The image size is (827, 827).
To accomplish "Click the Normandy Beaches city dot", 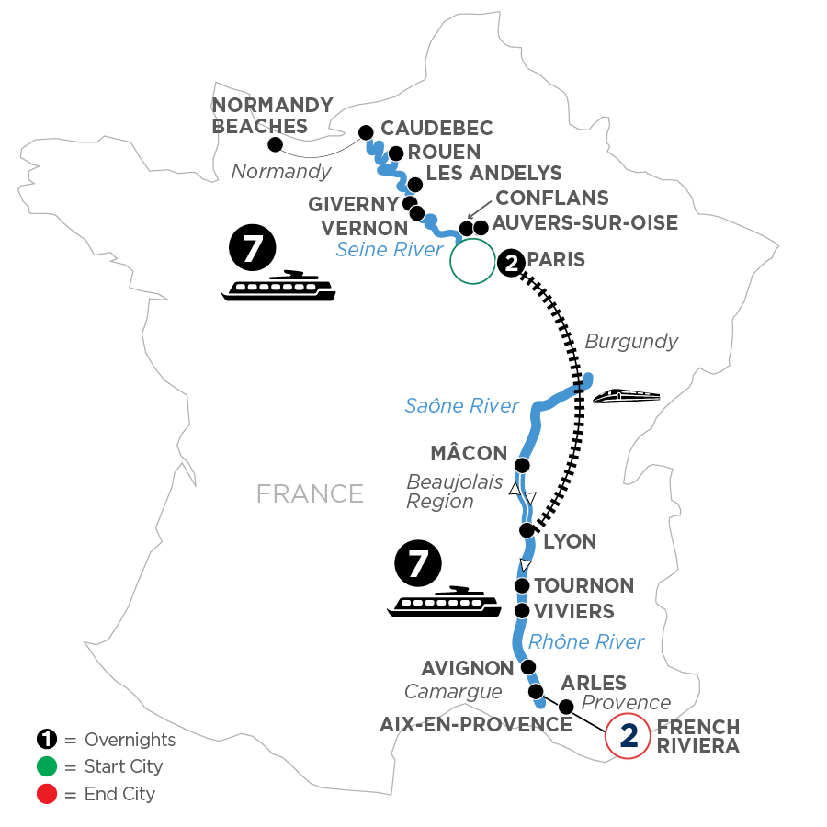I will click(x=274, y=144).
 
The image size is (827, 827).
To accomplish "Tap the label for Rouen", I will click(x=445, y=152).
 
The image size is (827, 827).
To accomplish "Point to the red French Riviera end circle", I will click(x=629, y=736).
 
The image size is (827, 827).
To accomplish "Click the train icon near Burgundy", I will click(x=627, y=396).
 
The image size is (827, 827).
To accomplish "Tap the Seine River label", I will click(x=390, y=249).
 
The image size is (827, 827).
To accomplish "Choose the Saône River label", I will click(x=462, y=405).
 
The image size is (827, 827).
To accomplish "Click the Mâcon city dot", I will click(x=523, y=465).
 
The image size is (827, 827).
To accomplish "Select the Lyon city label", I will click(x=570, y=542).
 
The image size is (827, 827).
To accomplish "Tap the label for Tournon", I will click(x=584, y=585).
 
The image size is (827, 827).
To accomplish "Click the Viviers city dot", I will click(x=522, y=610).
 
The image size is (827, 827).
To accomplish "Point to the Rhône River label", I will click(x=586, y=641).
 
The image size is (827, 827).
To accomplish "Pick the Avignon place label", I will click(x=466, y=667).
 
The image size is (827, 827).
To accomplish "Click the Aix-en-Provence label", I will click(x=476, y=724).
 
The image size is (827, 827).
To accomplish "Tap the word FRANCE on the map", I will click(x=310, y=493).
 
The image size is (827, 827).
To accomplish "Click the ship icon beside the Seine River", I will click(x=278, y=286).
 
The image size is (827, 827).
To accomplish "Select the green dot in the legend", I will click(x=43, y=766).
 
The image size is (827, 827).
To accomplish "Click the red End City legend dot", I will click(x=43, y=793).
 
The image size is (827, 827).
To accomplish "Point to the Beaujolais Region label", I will click(x=441, y=492).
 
